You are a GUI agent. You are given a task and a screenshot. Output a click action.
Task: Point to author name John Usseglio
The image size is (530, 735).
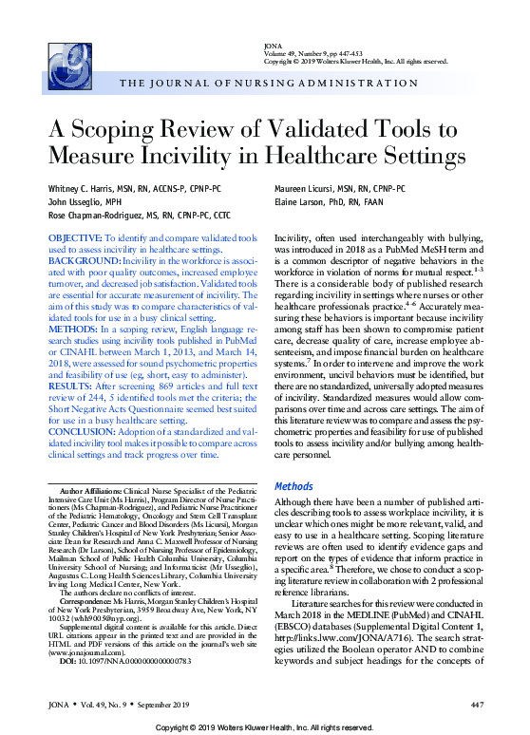click(x=79, y=200)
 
